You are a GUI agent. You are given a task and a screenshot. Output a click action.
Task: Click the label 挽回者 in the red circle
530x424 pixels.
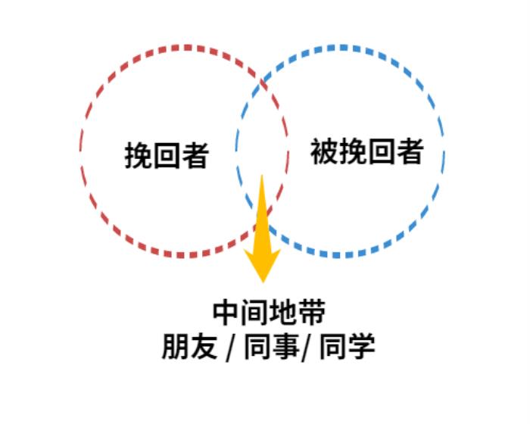167,156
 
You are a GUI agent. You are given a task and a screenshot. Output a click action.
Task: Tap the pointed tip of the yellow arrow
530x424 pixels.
262,281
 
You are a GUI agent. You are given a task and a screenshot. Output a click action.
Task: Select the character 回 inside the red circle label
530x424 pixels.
167,156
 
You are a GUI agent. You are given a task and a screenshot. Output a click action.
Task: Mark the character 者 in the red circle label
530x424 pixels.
195,156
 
